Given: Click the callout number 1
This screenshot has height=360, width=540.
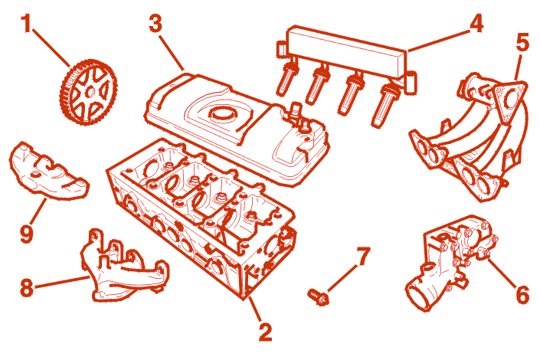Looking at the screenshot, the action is (26, 24).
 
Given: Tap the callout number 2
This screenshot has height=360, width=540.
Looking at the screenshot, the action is (265, 332).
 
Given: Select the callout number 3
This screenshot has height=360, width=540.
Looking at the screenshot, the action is (155, 24).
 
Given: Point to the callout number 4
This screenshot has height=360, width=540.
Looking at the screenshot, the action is (476, 24).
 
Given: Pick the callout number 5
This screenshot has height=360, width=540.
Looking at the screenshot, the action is (522, 43).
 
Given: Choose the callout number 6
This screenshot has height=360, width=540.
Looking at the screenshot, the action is (522, 294).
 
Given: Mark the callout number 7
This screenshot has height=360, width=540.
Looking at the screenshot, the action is (362, 257).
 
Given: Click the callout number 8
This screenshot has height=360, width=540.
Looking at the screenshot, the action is (27, 287).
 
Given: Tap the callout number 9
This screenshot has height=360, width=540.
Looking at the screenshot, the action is (27, 234).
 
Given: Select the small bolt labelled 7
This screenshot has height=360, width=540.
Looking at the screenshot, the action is (318, 296).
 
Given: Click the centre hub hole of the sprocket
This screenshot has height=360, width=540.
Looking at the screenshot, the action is (90, 92).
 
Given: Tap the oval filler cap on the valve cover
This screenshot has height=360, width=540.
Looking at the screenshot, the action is (222, 113).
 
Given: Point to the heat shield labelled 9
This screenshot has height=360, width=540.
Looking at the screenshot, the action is (48, 172).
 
